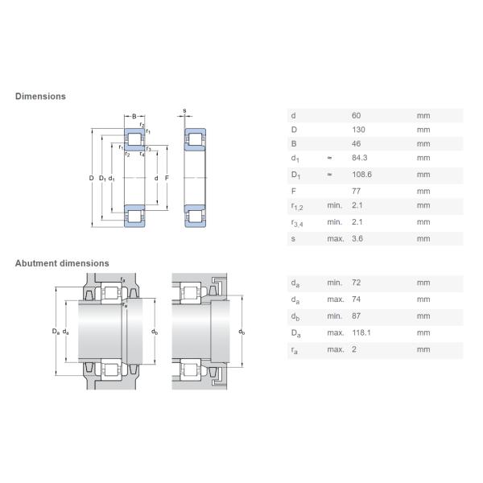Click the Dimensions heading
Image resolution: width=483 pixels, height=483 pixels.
[x=40, y=97]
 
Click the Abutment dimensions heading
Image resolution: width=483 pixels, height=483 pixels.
[x=62, y=263]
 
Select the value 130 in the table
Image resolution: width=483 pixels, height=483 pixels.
[x=358, y=130]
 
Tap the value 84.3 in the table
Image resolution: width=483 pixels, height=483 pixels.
[x=360, y=158]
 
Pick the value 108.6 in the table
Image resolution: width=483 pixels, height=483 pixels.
[x=361, y=175]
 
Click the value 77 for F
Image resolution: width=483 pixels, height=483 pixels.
[x=356, y=192]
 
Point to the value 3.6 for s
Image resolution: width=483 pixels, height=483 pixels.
[x=357, y=239]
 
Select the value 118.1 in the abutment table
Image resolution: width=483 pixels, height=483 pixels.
[x=361, y=332]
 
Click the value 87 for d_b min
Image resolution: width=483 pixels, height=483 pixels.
[x=356, y=316]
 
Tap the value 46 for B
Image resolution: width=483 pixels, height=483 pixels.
[x=357, y=143]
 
